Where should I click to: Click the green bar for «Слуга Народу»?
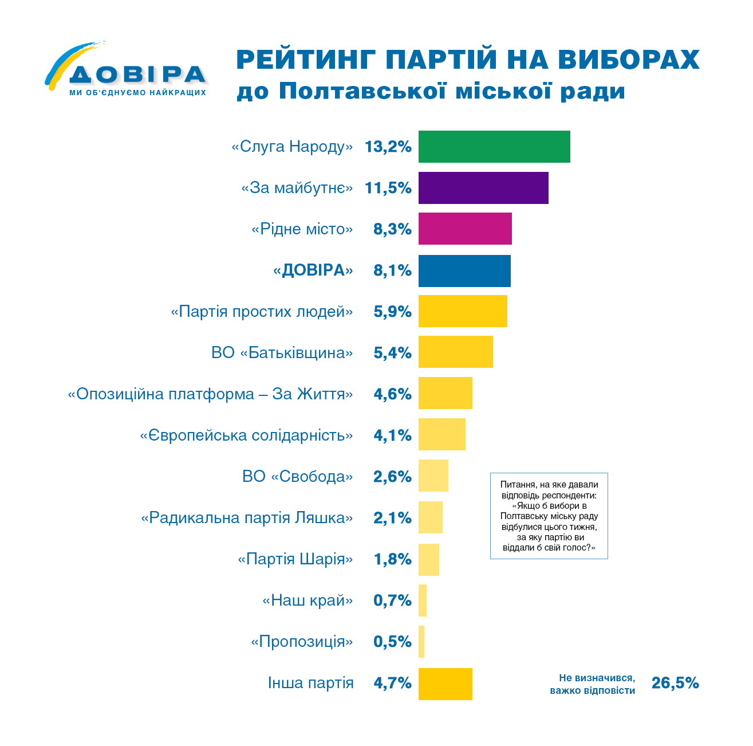coord(494,147)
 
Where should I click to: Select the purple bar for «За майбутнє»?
coord(483,188)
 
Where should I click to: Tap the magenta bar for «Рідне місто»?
coord(465,229)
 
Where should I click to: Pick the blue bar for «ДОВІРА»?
coord(464,270)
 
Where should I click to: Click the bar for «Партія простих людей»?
coord(463,311)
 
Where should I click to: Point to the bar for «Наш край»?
coord(423,600)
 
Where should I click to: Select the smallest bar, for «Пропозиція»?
coord(421,642)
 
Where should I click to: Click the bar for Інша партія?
coord(446,684)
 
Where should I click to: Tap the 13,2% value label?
coord(388,147)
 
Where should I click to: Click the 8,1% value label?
coord(392,270)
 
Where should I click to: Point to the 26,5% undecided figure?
coord(675,683)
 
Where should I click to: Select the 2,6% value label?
coord(392,477)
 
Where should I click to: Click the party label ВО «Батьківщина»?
coord(282,352)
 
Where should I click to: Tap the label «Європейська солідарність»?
coord(246,435)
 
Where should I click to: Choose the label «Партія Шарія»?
coord(295,559)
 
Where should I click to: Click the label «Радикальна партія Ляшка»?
coord(247,518)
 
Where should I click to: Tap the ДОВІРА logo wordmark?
coord(137,74)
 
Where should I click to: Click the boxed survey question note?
coord(549,516)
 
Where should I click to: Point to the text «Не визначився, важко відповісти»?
coord(592,684)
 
